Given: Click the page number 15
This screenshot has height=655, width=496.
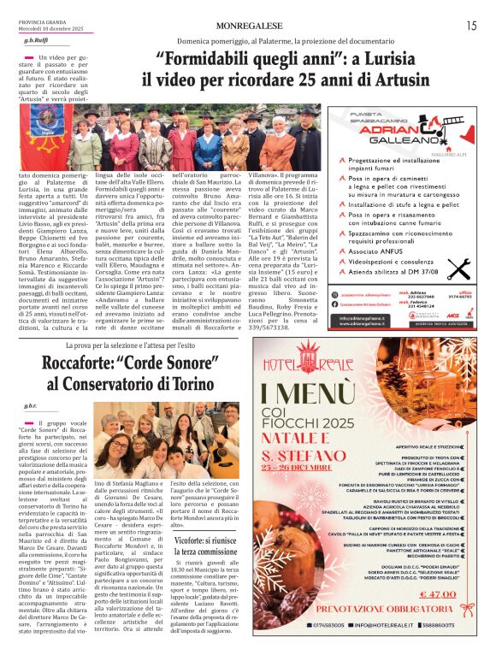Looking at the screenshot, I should coord(471,27).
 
